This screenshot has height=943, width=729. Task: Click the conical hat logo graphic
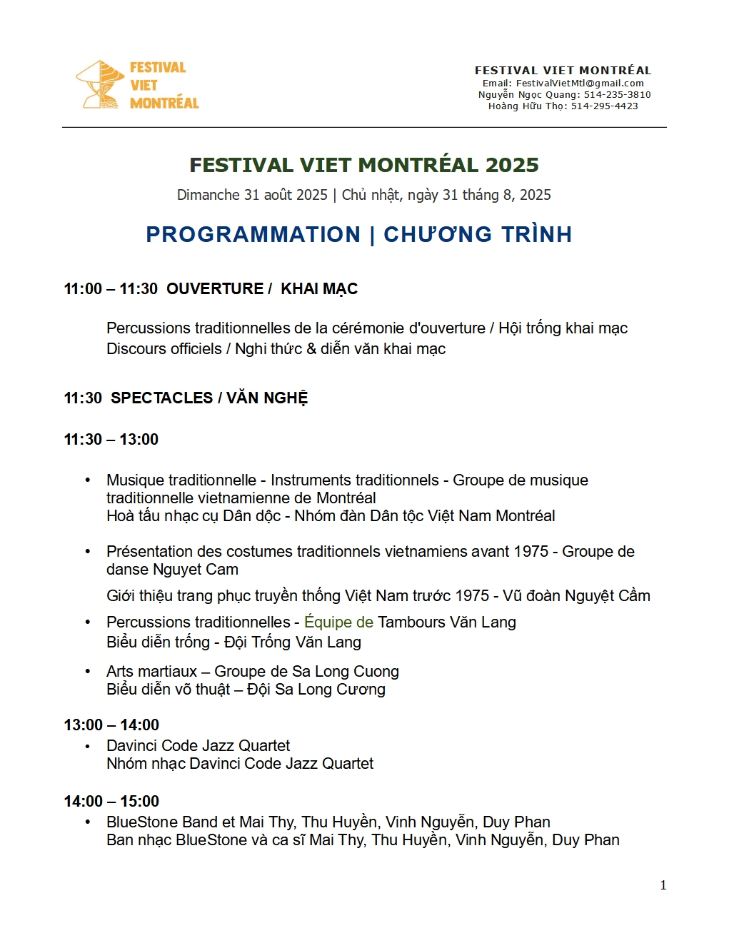pos(100,85)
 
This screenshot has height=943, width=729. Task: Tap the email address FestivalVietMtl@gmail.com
pos(580,84)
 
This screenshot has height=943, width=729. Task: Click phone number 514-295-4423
pos(605,106)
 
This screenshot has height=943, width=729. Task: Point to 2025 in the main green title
pos(512,165)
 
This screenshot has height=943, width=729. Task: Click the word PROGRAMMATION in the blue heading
pos(253,234)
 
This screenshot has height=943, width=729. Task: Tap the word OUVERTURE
pos(215,289)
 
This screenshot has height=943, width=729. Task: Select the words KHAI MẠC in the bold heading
pos(319,289)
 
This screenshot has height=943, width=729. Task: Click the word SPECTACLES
pos(162,398)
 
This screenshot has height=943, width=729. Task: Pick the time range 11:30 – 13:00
pos(111,440)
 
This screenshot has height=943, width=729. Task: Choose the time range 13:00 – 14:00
pos(111,725)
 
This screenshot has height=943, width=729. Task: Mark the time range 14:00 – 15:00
pos(111,802)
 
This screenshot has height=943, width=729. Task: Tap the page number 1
pos(663,885)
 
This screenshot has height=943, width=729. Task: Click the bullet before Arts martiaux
pos(88,672)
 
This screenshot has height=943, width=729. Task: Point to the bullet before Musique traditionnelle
pos(88,480)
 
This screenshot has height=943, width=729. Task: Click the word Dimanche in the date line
pos(208,195)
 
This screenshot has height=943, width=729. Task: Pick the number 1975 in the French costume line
pos(530,552)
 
